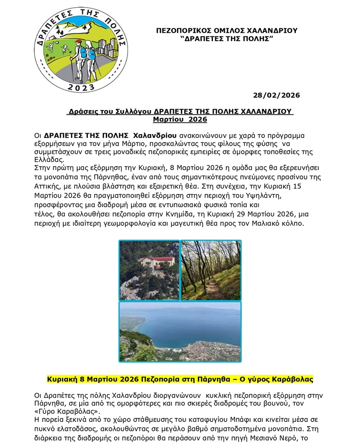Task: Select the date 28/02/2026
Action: pos(277,95)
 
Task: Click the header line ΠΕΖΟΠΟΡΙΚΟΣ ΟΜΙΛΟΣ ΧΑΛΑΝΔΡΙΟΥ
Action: pos(226,31)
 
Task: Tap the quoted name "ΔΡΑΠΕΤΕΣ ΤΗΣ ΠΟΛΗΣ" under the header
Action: pos(227,39)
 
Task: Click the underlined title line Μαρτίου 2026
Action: pos(180,119)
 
